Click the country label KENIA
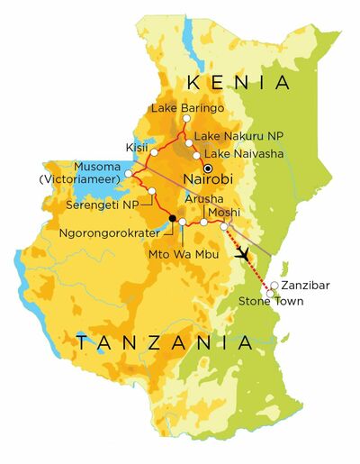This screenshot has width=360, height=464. point(238,83)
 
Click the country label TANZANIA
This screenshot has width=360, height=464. point(163,342)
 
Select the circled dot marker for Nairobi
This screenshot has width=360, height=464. point(209,168)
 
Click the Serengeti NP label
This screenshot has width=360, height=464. point(105,205)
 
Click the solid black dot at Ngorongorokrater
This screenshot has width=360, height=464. point(172,218)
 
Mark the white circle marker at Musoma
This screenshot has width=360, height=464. point(130,172)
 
